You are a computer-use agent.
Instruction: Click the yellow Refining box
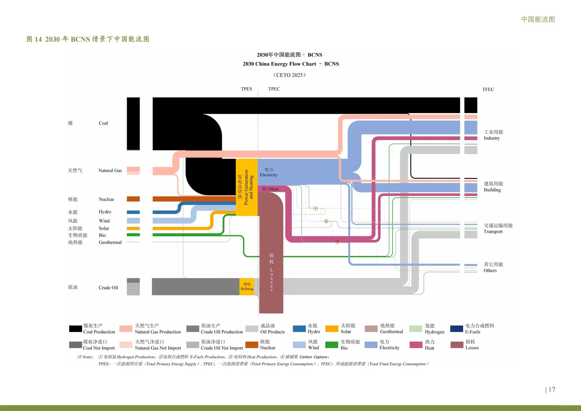247,287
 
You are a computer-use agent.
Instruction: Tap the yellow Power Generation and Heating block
247,187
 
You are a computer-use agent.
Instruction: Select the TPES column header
246,89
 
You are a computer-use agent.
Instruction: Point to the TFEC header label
488,89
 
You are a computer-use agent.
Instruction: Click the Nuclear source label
106,199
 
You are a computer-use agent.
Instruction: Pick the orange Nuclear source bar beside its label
133,199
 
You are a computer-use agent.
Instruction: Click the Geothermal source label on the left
110,242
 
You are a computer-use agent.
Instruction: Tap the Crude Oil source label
108,287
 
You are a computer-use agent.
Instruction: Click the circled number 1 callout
315,209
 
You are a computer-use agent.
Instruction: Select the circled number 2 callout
326,221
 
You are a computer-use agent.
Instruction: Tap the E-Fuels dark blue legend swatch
457,328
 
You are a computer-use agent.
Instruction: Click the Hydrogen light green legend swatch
415,328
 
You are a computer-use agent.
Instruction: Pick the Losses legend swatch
457,345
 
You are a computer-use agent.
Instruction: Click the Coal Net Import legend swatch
75,345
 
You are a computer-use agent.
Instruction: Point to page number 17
552,389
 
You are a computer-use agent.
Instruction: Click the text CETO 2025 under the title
290,75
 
